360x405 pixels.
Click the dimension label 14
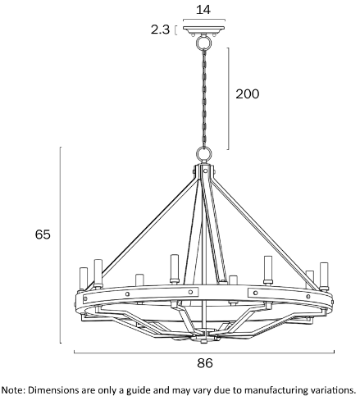coord(203,10)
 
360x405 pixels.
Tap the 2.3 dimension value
coord(161,30)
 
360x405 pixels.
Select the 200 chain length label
coord(248,94)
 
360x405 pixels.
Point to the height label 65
coord(43,234)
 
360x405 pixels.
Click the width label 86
coord(205,363)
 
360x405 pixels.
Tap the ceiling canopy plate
coord(204,30)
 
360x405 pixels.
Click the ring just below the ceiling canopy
coord(203,43)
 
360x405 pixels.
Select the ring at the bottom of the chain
coord(204,155)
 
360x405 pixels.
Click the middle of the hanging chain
coord(204,98)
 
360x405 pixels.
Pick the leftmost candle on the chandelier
coord(84,279)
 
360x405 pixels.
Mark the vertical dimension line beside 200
coord(228,98)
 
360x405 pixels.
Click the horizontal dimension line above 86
coord(204,353)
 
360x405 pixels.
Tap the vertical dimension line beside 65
coord(61,245)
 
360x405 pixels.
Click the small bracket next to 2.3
coord(175,30)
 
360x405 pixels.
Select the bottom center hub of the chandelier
coord(203,335)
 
